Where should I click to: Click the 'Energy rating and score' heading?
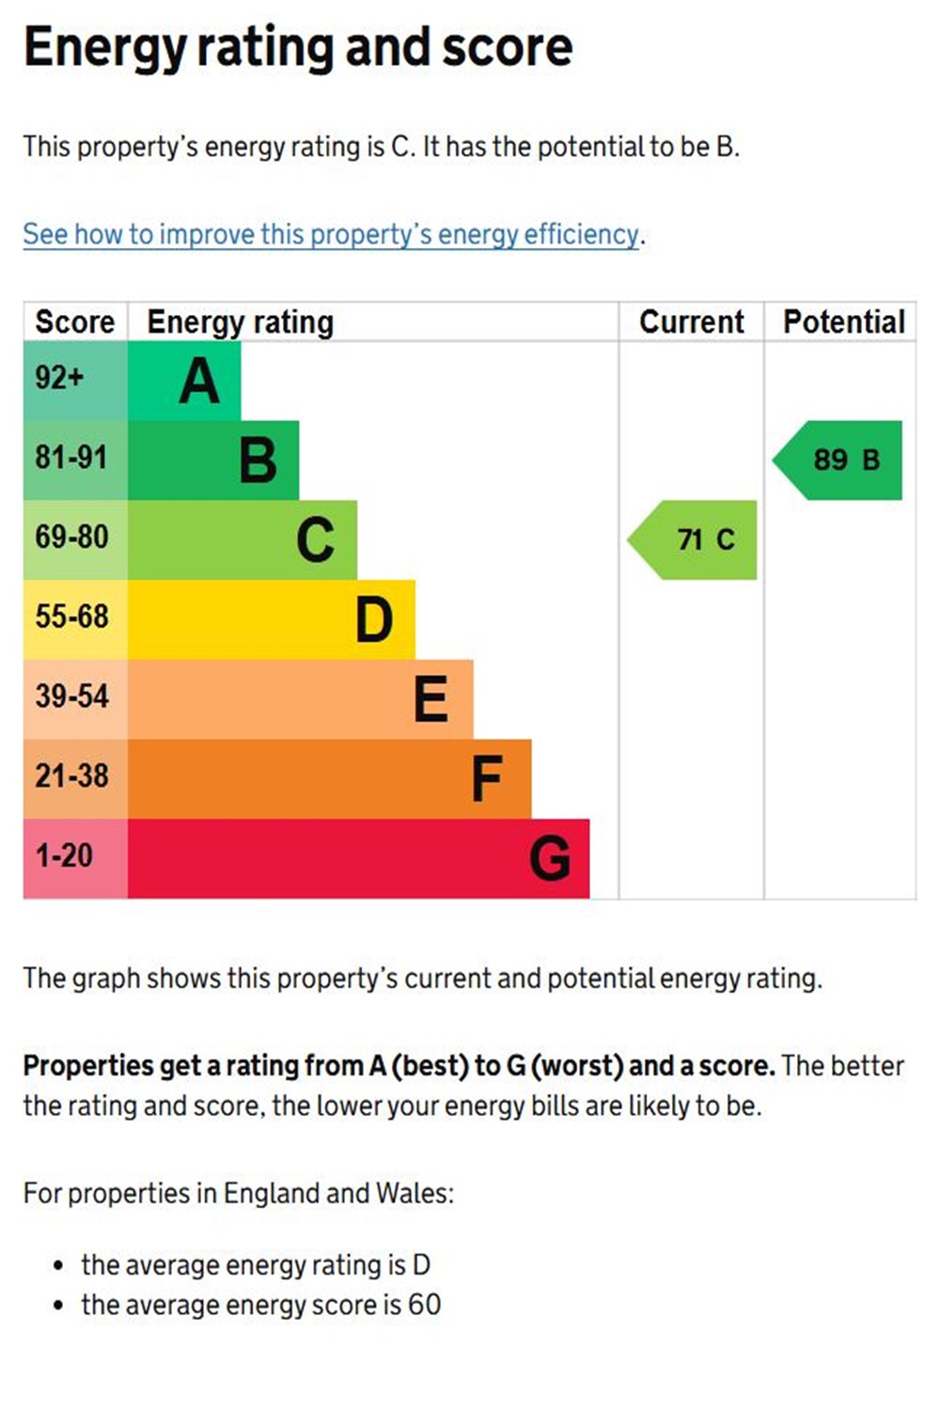[x=298, y=48]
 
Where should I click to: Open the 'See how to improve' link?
[x=331, y=234]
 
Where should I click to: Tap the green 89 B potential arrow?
[x=839, y=460]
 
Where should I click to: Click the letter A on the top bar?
[x=199, y=382]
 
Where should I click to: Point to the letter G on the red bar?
[x=550, y=859]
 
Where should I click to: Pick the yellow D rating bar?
[x=271, y=619]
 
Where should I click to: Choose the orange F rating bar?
[x=329, y=778]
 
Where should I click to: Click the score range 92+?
[x=59, y=378]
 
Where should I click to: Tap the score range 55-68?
[x=72, y=617]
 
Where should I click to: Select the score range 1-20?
[x=64, y=855]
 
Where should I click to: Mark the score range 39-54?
[x=72, y=697]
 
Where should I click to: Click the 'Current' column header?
[x=691, y=321]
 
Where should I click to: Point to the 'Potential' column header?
[x=843, y=321]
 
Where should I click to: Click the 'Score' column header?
[x=74, y=321]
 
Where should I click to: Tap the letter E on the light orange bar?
[x=431, y=699]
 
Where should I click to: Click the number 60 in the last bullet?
[x=424, y=1305]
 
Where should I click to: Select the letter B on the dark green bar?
[x=258, y=461]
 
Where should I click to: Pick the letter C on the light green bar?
[x=316, y=540]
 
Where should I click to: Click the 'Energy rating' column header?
[x=240, y=321]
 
